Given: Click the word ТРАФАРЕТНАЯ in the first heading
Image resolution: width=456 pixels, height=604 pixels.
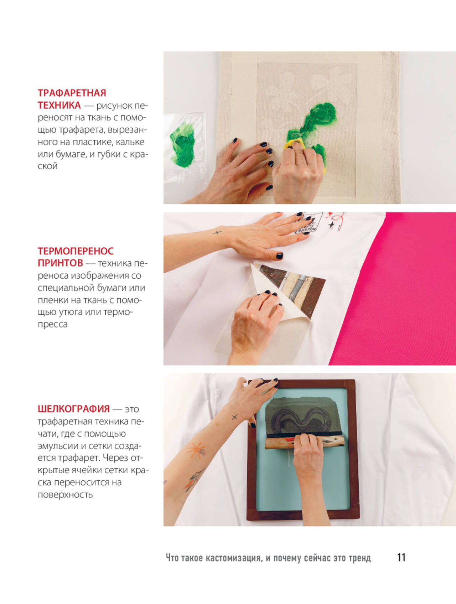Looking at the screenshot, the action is pyautogui.click(x=72, y=93).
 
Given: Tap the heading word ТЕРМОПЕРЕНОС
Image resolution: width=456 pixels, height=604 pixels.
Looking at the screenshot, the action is pyautogui.click(x=76, y=251).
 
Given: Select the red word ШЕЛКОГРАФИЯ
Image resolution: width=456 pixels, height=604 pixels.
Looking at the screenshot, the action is pyautogui.click(x=74, y=409).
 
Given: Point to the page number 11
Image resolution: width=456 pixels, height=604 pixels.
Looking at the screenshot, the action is pyautogui.click(x=401, y=557).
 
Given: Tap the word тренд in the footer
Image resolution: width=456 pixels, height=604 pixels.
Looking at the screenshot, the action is pyautogui.click(x=359, y=558).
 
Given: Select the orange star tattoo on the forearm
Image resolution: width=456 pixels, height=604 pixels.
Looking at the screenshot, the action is pyautogui.click(x=196, y=450).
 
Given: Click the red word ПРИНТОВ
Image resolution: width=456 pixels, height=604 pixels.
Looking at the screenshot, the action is pyautogui.click(x=60, y=263).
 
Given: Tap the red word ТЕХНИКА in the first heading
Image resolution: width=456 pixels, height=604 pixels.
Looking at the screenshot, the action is pyautogui.click(x=59, y=105).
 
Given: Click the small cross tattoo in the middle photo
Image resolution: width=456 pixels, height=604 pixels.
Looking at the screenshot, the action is pyautogui.click(x=217, y=233).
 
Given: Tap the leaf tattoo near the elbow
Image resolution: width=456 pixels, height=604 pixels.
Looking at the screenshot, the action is pyautogui.click(x=193, y=479).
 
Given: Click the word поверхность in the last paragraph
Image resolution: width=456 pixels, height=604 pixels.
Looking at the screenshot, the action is pyautogui.click(x=65, y=495).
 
